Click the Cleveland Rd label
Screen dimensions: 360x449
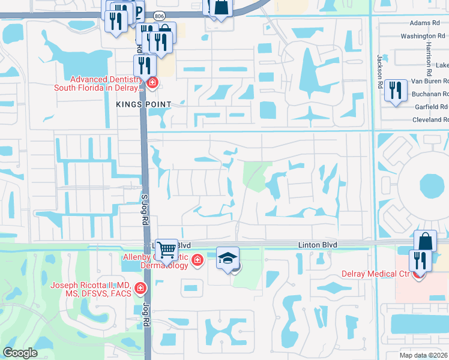coord(430,119)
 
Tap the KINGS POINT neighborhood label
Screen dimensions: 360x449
coord(143,104)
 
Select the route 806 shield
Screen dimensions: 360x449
coord(158,15)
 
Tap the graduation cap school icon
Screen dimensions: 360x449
coord(228,258)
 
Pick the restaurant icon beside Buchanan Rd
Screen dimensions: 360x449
coord(396,91)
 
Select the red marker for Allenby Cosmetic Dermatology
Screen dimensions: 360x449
coord(197,260)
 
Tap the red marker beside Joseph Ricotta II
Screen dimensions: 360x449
coord(140,289)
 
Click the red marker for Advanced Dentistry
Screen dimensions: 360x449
coord(152,83)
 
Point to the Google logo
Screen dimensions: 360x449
coord(20,353)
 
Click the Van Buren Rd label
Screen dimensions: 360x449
coord(429,80)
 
